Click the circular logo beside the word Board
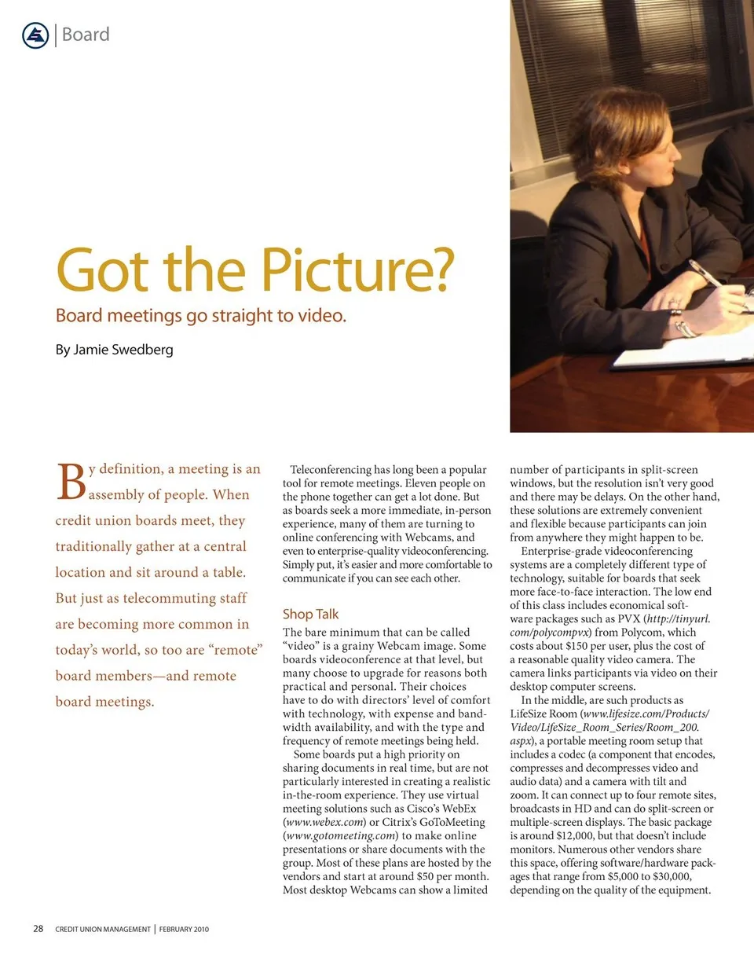coord(36,35)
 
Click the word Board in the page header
coord(86,35)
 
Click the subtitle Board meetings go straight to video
coord(201,316)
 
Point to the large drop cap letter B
coord(71,482)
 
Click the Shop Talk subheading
coord(310,614)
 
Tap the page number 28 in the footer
coord(38,929)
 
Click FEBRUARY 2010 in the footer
coord(184,930)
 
